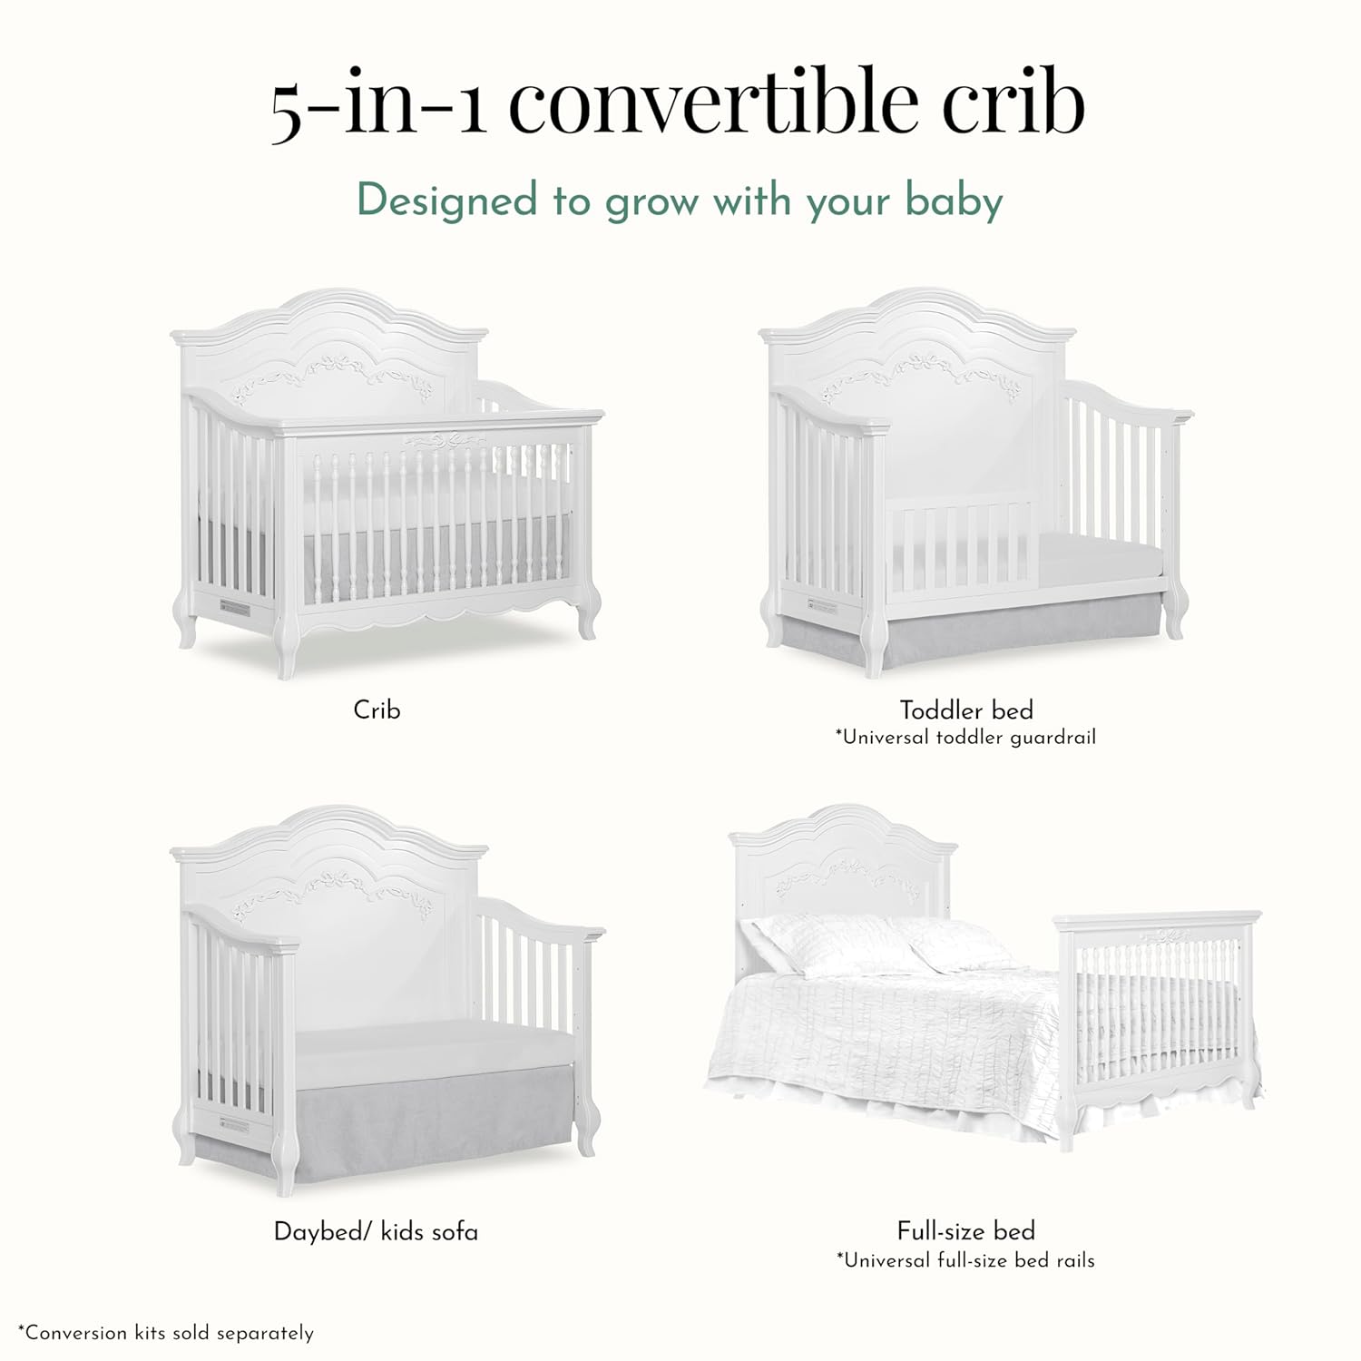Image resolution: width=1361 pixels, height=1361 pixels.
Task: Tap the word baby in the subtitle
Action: coord(954,201)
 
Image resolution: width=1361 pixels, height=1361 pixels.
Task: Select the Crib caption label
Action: coord(377,710)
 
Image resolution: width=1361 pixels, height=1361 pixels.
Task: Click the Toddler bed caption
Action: coord(966,710)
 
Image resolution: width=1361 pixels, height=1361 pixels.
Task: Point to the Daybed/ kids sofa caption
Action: coord(376,1231)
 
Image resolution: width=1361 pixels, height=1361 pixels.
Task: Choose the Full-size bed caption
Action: coord(966,1230)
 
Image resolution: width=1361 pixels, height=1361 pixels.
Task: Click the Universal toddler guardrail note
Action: coord(966,737)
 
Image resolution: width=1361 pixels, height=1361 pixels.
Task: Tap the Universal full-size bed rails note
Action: coord(966,1260)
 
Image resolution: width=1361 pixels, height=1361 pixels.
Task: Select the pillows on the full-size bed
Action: coord(871,944)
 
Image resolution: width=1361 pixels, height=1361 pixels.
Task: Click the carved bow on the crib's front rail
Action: coord(445,442)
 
